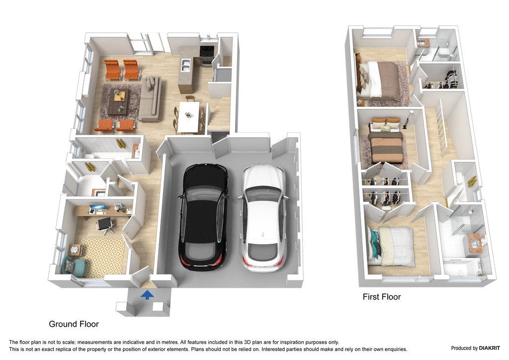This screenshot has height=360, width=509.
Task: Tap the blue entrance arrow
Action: point(147,294)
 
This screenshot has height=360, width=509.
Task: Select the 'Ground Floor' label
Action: point(74,324)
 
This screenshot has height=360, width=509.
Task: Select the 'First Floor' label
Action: point(382,297)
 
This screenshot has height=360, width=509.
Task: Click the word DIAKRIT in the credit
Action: point(490,348)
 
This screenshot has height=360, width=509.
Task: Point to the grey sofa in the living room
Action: point(150,98)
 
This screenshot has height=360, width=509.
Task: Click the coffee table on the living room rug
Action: point(118,101)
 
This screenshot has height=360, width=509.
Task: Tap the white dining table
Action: point(188,117)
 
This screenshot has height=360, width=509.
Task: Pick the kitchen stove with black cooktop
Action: point(207,55)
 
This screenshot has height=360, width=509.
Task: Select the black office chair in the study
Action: point(106,225)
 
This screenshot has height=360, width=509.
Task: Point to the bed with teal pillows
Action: point(391,246)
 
